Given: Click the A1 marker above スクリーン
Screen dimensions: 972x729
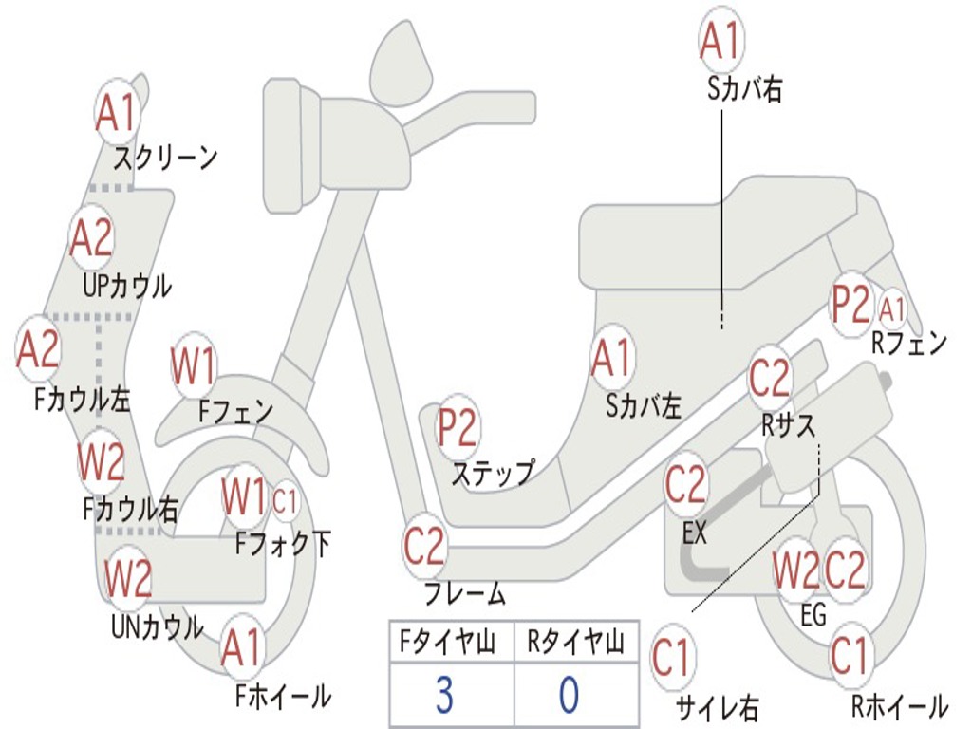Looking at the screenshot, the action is [x=117, y=114].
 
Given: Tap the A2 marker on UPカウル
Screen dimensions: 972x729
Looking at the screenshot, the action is [x=91, y=238].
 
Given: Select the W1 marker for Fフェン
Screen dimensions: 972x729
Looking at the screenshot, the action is [x=194, y=365].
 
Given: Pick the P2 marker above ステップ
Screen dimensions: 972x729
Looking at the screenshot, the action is [x=458, y=428].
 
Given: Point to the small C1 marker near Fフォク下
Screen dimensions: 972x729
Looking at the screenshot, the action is [x=285, y=501].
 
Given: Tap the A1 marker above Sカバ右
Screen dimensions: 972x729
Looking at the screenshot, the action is [x=721, y=40].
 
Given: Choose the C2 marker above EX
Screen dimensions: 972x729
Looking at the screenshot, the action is [x=685, y=484].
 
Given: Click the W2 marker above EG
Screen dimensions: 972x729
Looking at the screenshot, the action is [x=796, y=570].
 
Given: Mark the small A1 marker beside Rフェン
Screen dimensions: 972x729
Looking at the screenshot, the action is [x=891, y=309].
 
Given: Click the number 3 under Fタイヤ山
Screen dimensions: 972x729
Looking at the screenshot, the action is [x=444, y=694].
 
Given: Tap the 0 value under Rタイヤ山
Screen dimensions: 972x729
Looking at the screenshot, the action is [x=570, y=694].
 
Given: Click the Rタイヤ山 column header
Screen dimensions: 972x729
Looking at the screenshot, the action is [x=575, y=643].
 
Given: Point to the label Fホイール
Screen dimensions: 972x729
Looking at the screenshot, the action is [x=283, y=697].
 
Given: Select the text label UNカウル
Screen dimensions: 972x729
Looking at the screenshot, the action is [x=158, y=626].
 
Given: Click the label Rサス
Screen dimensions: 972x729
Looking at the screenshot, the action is [x=789, y=425].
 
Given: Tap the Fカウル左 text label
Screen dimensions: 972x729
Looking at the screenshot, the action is [x=82, y=400].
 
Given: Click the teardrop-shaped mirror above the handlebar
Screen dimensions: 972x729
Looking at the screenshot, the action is [x=402, y=61].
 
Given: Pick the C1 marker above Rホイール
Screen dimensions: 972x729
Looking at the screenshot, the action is [x=849, y=657].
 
